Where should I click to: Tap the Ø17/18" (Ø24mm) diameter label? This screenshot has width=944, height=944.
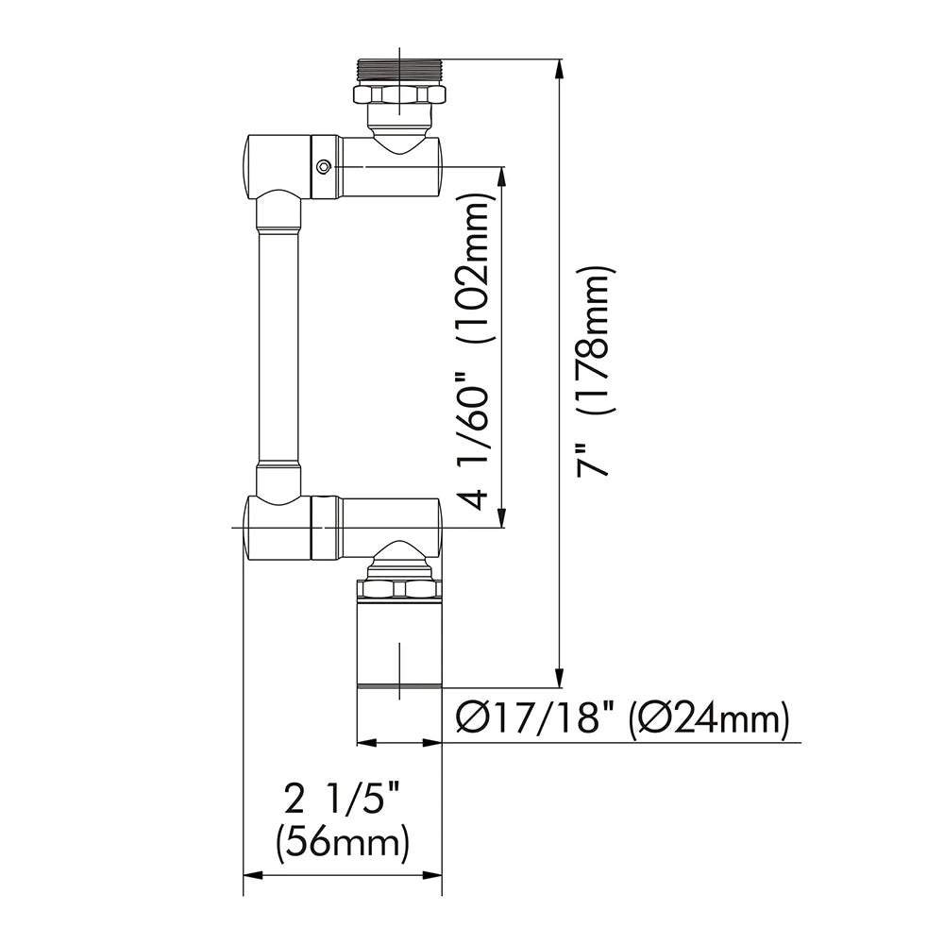click(621, 720)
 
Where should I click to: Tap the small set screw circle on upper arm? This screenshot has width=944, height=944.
click(324, 167)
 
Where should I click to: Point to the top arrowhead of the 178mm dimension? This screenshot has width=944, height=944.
click(562, 69)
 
